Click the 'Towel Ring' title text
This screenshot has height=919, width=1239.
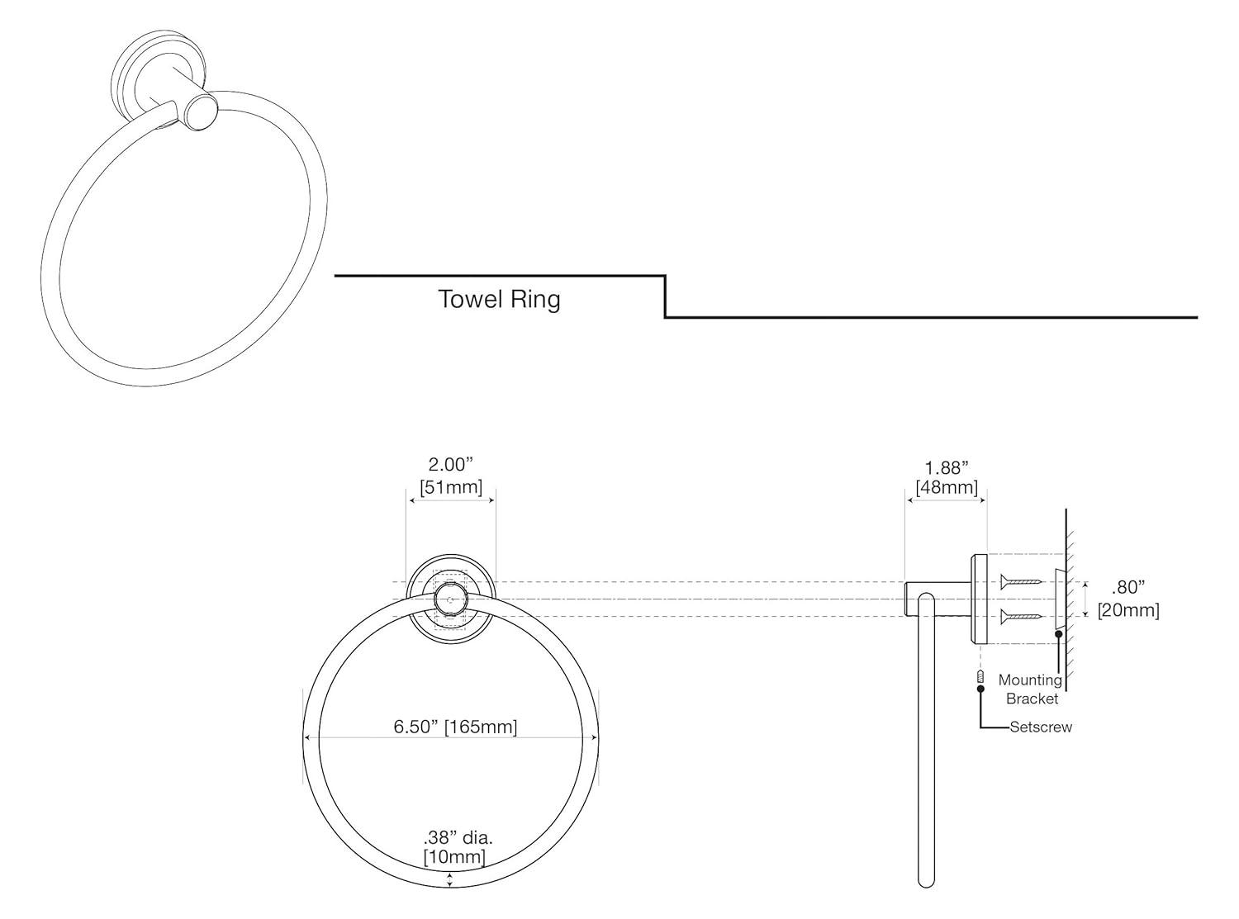coord(499,299)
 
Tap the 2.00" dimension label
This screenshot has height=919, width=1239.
coord(451,465)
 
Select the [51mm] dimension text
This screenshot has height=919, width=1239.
coord(451,487)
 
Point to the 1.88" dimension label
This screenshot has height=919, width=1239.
coord(947,468)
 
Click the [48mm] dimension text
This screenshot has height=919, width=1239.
coord(947,488)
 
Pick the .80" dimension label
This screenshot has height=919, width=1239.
coord(1128,588)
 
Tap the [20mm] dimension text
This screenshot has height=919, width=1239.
coord(1128,610)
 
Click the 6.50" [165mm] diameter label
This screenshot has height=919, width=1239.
coord(455,727)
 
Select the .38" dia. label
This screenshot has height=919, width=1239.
coord(458,837)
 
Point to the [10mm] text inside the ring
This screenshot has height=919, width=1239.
coord(454,857)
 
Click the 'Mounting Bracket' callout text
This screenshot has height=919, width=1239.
coord(1031,689)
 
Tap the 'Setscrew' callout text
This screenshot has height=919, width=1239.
coord(1041,727)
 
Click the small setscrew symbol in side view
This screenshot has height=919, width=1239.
coord(980,679)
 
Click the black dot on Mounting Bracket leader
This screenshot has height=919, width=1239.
coord(1058,634)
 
